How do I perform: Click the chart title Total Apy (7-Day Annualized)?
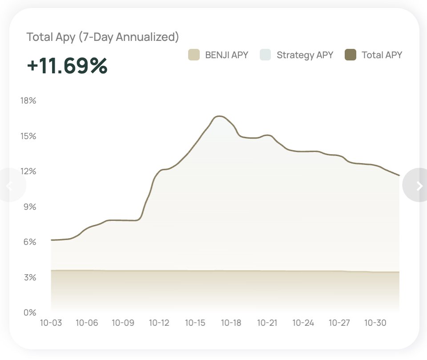point(103,37)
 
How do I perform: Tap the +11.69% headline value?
point(67,66)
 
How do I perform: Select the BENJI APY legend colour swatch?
point(193,55)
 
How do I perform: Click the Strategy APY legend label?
point(305,55)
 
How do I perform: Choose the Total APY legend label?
point(382,55)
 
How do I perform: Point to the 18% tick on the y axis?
point(28,100)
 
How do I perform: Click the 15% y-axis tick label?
point(28,136)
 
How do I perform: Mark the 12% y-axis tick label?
point(28,172)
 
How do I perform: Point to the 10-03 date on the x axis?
point(51,323)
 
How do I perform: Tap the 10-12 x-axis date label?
point(159,323)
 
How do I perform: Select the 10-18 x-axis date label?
point(231,323)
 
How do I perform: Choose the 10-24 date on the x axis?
point(303,323)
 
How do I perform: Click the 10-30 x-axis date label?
point(375,323)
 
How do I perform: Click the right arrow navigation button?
point(418,186)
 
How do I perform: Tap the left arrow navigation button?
point(10,186)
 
